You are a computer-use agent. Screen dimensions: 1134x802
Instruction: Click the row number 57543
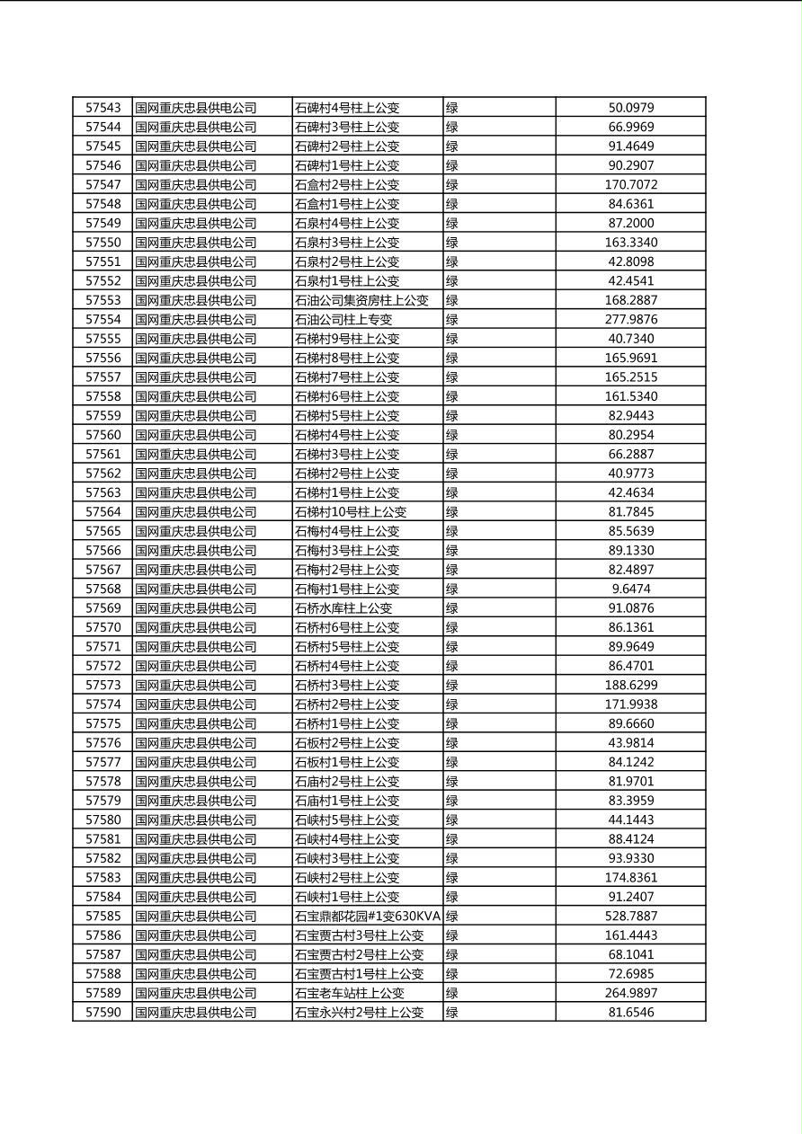pyautogui.click(x=102, y=108)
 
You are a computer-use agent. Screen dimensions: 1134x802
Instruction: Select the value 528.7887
pyautogui.click(x=631, y=917)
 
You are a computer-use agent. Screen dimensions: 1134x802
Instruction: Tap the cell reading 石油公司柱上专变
pyautogui.click(x=343, y=320)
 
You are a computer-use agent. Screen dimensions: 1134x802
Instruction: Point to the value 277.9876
pyautogui.click(x=631, y=320)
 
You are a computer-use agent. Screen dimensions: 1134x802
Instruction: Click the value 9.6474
pyautogui.click(x=631, y=589)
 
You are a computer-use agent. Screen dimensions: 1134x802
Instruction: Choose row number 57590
pyautogui.click(x=102, y=1013)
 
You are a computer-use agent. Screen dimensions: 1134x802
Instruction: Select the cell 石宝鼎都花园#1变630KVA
pyautogui.click(x=368, y=917)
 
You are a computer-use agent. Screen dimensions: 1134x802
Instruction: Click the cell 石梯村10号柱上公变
pyautogui.click(x=351, y=512)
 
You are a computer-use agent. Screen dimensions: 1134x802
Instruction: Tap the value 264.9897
pyautogui.click(x=631, y=993)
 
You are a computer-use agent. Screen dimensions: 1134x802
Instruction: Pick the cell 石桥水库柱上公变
pyautogui.click(x=343, y=608)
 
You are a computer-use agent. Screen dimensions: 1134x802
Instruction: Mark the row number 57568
pyautogui.click(x=102, y=589)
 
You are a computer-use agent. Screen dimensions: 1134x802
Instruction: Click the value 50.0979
pyautogui.click(x=631, y=108)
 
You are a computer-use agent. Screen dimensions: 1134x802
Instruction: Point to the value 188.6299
pyautogui.click(x=631, y=686)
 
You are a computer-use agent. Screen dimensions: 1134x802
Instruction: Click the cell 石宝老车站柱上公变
pyautogui.click(x=350, y=993)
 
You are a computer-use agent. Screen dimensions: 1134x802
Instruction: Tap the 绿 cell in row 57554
pyautogui.click(x=452, y=320)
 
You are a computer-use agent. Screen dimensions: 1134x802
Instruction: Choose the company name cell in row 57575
pyautogui.click(x=196, y=723)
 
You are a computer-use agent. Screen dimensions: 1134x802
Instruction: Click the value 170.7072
pyautogui.click(x=631, y=185)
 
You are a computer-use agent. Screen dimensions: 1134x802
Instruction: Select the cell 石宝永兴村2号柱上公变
pyautogui.click(x=359, y=1013)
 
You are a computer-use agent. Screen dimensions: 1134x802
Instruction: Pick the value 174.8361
pyautogui.click(x=631, y=878)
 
